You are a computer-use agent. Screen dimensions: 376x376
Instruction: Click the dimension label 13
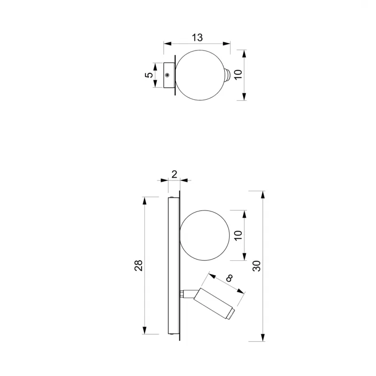click(197, 38)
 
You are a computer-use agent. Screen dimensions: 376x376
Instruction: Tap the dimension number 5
click(149, 75)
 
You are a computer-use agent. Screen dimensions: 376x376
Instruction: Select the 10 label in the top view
click(238, 75)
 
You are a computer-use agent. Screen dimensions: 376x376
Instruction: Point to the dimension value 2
click(174, 174)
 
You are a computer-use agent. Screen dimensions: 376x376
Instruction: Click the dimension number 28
click(138, 266)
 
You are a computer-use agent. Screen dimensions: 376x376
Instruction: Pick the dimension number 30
click(257, 266)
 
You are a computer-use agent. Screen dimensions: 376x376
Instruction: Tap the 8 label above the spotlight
click(229, 278)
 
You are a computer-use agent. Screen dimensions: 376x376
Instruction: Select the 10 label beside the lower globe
click(238, 235)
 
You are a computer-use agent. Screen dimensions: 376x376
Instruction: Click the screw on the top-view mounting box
click(167, 75)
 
